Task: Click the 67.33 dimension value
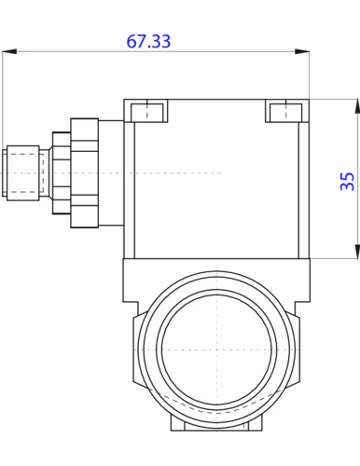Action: point(148,41)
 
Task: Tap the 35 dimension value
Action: point(347,181)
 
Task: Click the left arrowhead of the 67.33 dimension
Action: point(9,51)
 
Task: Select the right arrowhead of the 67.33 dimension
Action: point(302,51)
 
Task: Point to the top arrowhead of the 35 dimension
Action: point(358,106)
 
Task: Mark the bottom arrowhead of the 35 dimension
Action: point(358,251)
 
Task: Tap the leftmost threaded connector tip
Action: point(21,172)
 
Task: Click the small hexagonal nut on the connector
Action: point(62,173)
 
